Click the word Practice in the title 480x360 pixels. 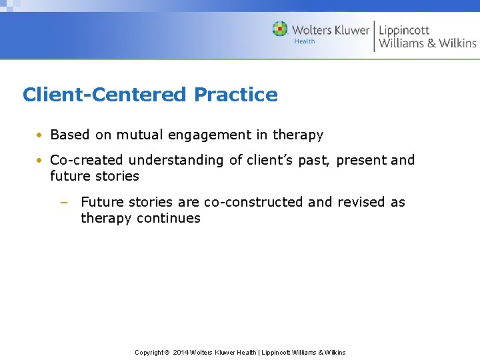(235, 95)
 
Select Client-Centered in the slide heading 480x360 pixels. (105, 95)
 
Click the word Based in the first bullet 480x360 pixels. (70, 135)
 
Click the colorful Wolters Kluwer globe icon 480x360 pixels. (280, 29)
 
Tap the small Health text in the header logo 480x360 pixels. (304, 41)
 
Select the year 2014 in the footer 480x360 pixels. (181, 352)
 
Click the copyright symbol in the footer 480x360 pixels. (167, 352)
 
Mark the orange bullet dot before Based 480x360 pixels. (41, 135)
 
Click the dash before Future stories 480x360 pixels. (63, 202)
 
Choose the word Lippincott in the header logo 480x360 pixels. (404, 30)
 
